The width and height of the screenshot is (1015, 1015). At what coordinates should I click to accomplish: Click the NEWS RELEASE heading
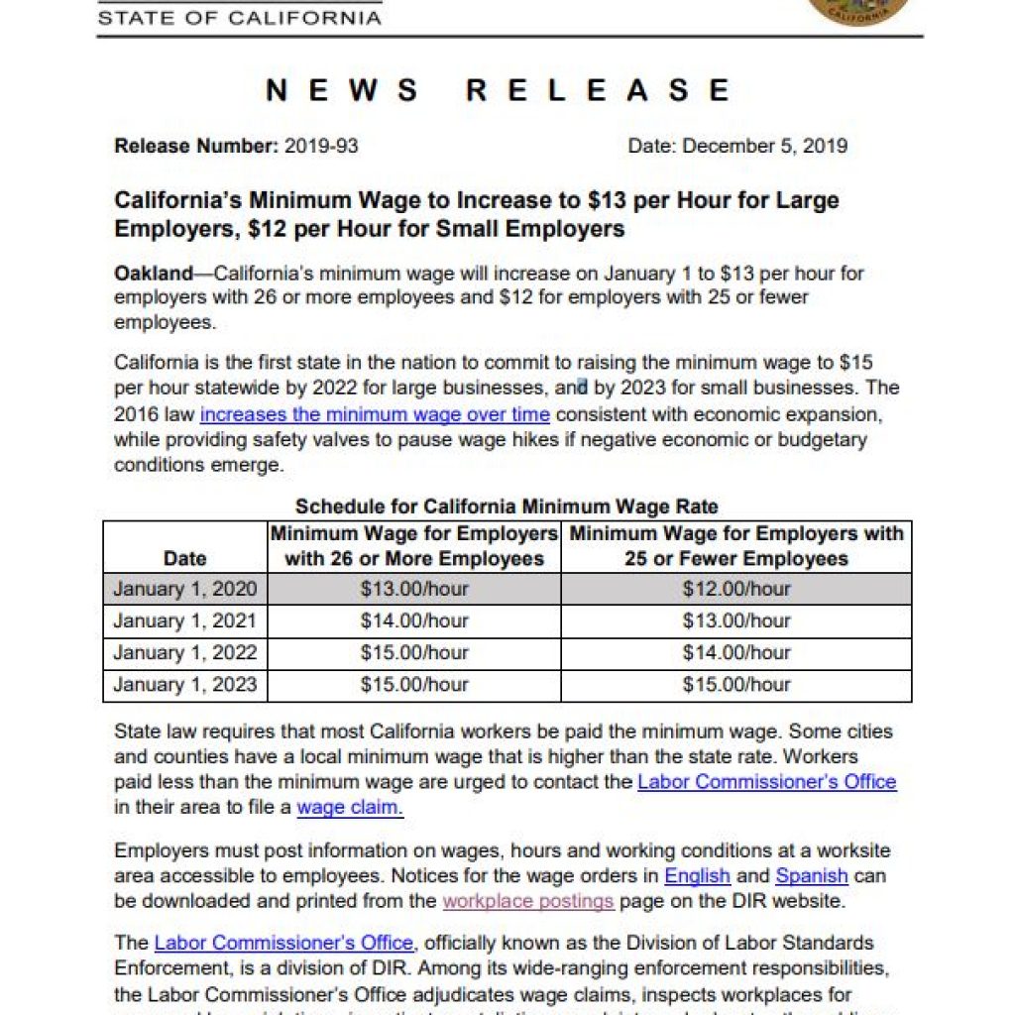pyautogui.click(x=498, y=91)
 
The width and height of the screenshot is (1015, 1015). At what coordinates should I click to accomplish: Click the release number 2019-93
pyautogui.click(x=321, y=146)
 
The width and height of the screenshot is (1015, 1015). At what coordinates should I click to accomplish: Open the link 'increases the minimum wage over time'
pyautogui.click(x=375, y=414)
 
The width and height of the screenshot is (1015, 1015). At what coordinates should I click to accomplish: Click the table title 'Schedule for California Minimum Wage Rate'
pyautogui.click(x=507, y=507)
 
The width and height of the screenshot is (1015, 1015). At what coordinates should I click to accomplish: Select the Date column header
pyautogui.click(x=184, y=558)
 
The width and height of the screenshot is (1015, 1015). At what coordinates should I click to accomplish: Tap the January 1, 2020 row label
pyautogui.click(x=184, y=589)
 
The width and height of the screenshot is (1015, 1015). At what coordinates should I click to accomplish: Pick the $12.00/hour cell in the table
pyautogui.click(x=736, y=589)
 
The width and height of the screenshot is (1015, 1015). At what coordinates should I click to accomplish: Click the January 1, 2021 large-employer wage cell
pyautogui.click(x=414, y=620)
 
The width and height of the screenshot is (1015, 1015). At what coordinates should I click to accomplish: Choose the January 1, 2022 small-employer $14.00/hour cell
pyautogui.click(x=736, y=652)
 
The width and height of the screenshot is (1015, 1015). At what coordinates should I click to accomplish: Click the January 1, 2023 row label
pyautogui.click(x=184, y=684)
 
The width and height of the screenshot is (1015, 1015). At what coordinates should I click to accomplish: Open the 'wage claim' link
pyautogui.click(x=349, y=807)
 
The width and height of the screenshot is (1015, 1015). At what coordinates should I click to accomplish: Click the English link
pyautogui.click(x=697, y=876)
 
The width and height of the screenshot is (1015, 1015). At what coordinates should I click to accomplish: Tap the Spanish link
pyautogui.click(x=811, y=876)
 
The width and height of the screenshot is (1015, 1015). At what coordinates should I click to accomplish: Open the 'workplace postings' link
pyautogui.click(x=528, y=901)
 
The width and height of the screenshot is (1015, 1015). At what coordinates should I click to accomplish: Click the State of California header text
pyautogui.click(x=241, y=18)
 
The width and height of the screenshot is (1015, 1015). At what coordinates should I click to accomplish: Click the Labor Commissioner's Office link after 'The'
pyautogui.click(x=283, y=943)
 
